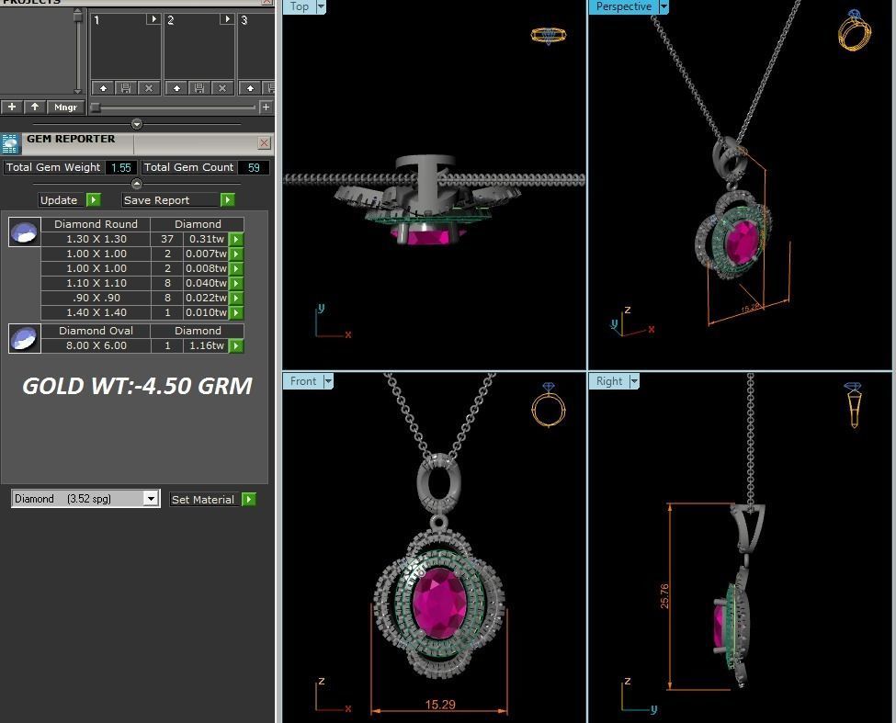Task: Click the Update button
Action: pyautogui.click(x=60, y=200)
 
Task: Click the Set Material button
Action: pyautogui.click(x=203, y=500)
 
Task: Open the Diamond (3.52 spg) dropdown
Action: pyautogui.click(x=151, y=499)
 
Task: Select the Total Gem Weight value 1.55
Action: pyautogui.click(x=120, y=167)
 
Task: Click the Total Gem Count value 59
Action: pyautogui.click(x=253, y=167)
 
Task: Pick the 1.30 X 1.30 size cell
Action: pyautogui.click(x=96, y=239)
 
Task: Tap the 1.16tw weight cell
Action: pyautogui.click(x=206, y=345)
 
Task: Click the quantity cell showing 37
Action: pyautogui.click(x=167, y=239)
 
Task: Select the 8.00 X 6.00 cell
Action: pyautogui.click(x=96, y=345)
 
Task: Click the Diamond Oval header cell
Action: pyautogui.click(x=96, y=331)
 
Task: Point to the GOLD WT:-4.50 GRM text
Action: pyautogui.click(x=137, y=386)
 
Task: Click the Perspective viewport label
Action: pyautogui.click(x=623, y=6)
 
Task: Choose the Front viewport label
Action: pyautogui.click(x=303, y=381)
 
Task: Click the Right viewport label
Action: pyautogui.click(x=608, y=381)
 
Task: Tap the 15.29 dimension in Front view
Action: pyautogui.click(x=439, y=705)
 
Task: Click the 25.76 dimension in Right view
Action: pyautogui.click(x=664, y=596)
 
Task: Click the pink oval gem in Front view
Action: pyautogui.click(x=439, y=602)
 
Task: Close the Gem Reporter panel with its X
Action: pyautogui.click(x=265, y=142)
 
